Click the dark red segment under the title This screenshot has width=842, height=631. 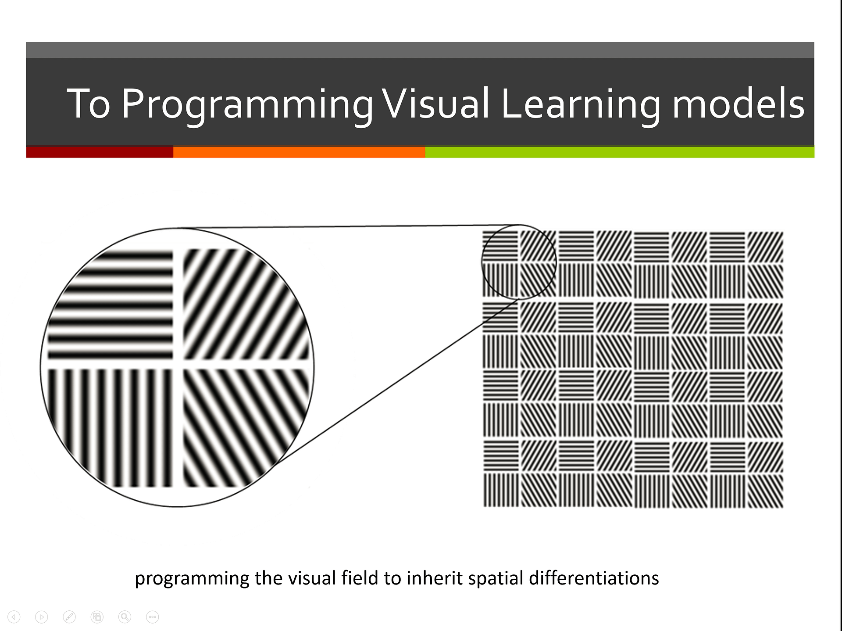pos(100,152)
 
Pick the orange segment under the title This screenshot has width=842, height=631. pos(299,152)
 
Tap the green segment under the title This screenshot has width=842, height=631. pos(620,152)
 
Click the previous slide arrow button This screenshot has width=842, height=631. pos(14,617)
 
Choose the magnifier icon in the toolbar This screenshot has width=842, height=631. pos(125,617)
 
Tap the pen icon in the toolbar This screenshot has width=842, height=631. pos(69,617)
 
